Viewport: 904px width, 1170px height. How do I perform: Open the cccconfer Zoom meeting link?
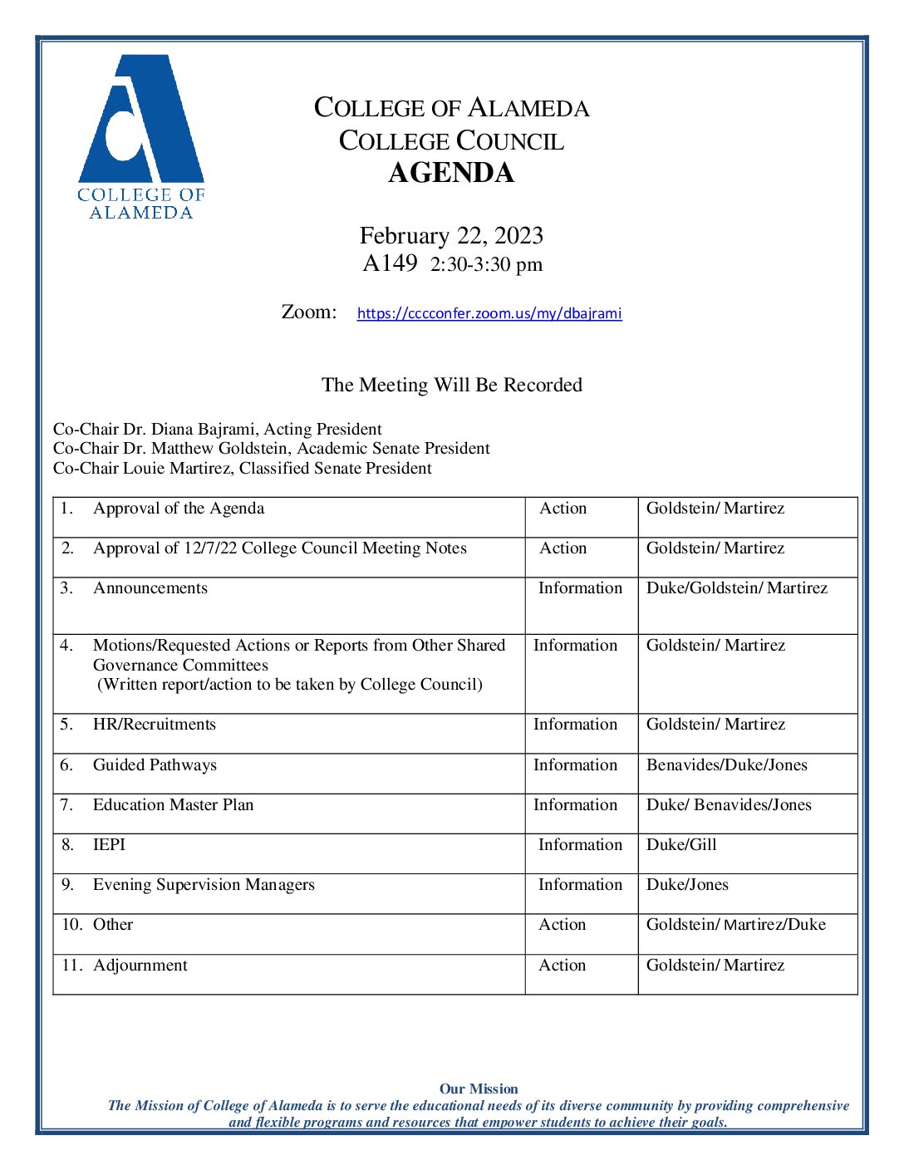click(489, 313)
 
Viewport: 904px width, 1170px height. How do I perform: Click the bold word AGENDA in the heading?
click(451, 173)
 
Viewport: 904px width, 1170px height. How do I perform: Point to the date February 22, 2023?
click(451, 236)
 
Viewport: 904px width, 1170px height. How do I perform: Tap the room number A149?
click(390, 263)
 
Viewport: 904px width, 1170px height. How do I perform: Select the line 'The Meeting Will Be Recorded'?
click(451, 385)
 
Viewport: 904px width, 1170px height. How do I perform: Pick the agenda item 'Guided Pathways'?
click(155, 765)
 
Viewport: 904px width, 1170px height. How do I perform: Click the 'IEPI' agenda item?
click(109, 845)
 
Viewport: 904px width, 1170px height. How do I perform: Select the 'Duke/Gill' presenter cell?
click(681, 845)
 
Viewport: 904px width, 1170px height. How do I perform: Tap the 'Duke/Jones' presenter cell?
click(687, 885)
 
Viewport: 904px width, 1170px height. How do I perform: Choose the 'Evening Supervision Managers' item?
click(204, 885)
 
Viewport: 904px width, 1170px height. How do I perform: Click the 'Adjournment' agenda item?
click(140, 966)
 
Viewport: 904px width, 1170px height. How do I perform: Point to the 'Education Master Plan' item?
click(173, 805)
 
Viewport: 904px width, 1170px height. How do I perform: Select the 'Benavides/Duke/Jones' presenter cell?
click(726, 765)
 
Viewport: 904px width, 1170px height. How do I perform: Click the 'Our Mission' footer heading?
click(479, 1089)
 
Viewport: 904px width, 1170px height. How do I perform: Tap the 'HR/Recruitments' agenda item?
click(155, 725)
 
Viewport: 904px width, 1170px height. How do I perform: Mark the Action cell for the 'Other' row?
click(563, 925)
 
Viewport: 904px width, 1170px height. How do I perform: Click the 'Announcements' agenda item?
click(150, 588)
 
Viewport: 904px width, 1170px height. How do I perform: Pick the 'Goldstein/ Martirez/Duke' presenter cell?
click(735, 925)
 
